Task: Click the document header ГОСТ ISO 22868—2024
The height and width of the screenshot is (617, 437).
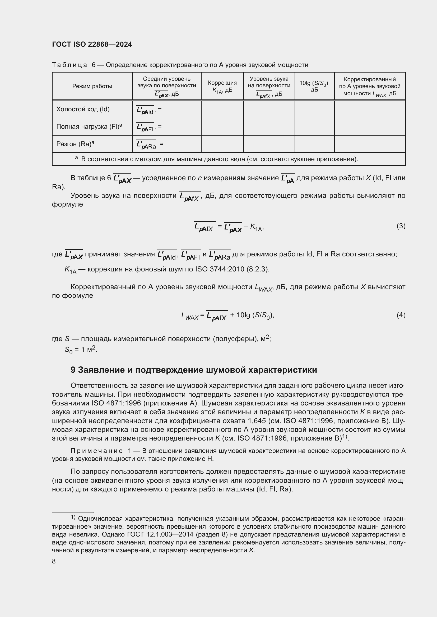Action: pyautogui.click(x=92, y=45)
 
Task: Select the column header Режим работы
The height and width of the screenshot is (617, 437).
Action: pyautogui.click(x=92, y=86)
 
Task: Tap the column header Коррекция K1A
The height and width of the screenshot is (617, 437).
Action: pyautogui.click(x=222, y=86)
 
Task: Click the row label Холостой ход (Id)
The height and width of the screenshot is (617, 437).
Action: pyautogui.click(x=83, y=109)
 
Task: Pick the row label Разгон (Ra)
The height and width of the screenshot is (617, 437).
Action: pyautogui.click(x=75, y=144)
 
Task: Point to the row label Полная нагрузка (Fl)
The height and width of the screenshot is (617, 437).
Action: pyautogui.click(x=89, y=127)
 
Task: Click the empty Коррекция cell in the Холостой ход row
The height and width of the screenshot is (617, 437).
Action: pyautogui.click(x=222, y=109)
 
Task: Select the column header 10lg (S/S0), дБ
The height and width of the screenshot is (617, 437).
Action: pyautogui.click(x=314, y=86)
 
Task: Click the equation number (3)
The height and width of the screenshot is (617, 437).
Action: pyautogui.click(x=401, y=226)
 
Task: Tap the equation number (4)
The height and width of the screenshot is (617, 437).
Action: pyautogui.click(x=401, y=315)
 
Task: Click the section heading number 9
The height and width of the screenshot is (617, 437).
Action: pyautogui.click(x=73, y=370)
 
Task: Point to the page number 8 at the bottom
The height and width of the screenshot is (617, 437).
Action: pyautogui.click(x=54, y=561)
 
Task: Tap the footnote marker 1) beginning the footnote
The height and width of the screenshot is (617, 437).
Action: pyautogui.click(x=73, y=517)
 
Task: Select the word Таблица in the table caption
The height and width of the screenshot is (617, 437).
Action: pyautogui.click(x=70, y=65)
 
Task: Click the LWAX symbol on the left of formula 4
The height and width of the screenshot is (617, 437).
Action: pyautogui.click(x=190, y=316)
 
